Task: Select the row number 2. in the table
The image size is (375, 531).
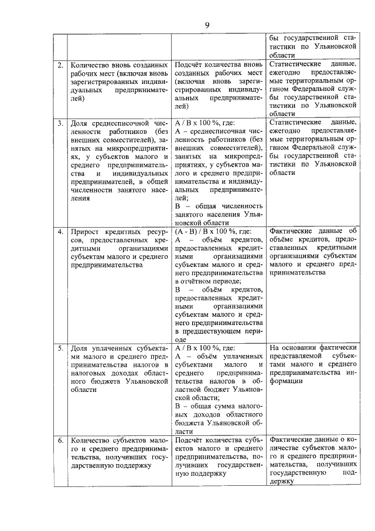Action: coord(60,63)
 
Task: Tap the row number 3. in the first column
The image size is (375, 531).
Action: coord(60,123)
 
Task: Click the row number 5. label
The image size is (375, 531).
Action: coord(60,347)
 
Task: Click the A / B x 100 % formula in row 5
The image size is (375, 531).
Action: coord(204,347)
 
